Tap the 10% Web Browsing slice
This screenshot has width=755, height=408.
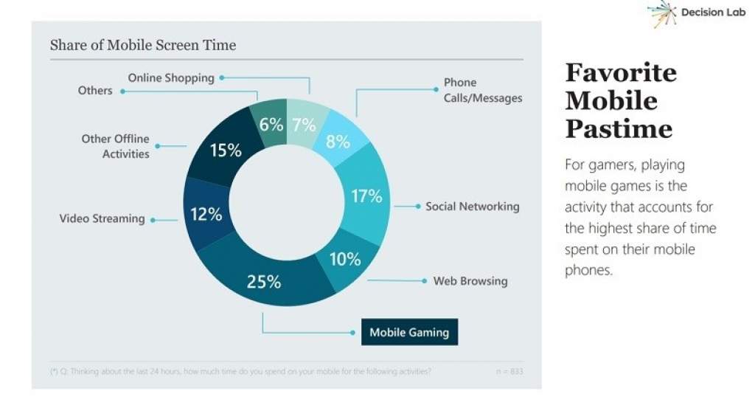344,260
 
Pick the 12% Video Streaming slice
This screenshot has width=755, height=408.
206,215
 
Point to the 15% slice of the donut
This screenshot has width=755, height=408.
225,151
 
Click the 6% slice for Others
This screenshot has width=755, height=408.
271,125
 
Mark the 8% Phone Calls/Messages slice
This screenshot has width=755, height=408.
338,140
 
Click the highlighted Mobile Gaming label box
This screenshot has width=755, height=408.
409,332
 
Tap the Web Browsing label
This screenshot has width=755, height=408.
470,281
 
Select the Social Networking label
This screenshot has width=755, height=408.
472,207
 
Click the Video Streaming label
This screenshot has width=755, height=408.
102,218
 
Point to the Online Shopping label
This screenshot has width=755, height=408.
171,77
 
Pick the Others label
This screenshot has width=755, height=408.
95,91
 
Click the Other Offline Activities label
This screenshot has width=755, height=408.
116,146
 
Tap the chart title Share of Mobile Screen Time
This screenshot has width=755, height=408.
142,45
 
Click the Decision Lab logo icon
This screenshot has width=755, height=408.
661,13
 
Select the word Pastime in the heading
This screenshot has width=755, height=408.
619,129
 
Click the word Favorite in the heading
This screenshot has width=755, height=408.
621,72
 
